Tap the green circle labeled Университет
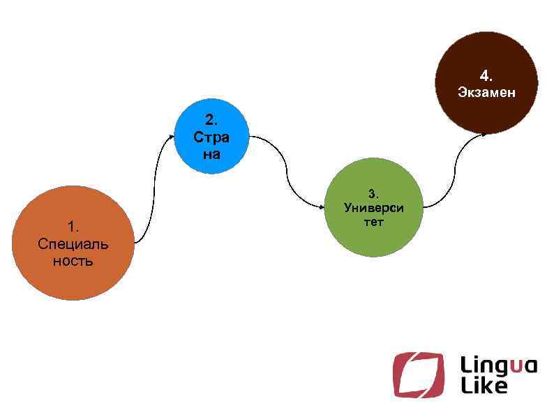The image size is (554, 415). click(375, 241)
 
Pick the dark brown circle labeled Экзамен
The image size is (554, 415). click(486, 112)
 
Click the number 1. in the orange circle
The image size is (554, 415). click(73, 226)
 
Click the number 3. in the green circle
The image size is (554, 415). click(374, 193)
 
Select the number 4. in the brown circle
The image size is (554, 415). click(486, 75)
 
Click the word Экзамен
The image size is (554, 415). click(486, 92)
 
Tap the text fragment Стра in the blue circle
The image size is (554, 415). click(211, 137)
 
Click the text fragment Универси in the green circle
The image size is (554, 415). click(374, 208)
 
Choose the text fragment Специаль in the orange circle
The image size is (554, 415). click(73, 244)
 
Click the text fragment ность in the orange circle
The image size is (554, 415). click(73, 262)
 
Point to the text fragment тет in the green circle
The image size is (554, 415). click(374, 222)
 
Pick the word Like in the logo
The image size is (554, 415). click(484, 386)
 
